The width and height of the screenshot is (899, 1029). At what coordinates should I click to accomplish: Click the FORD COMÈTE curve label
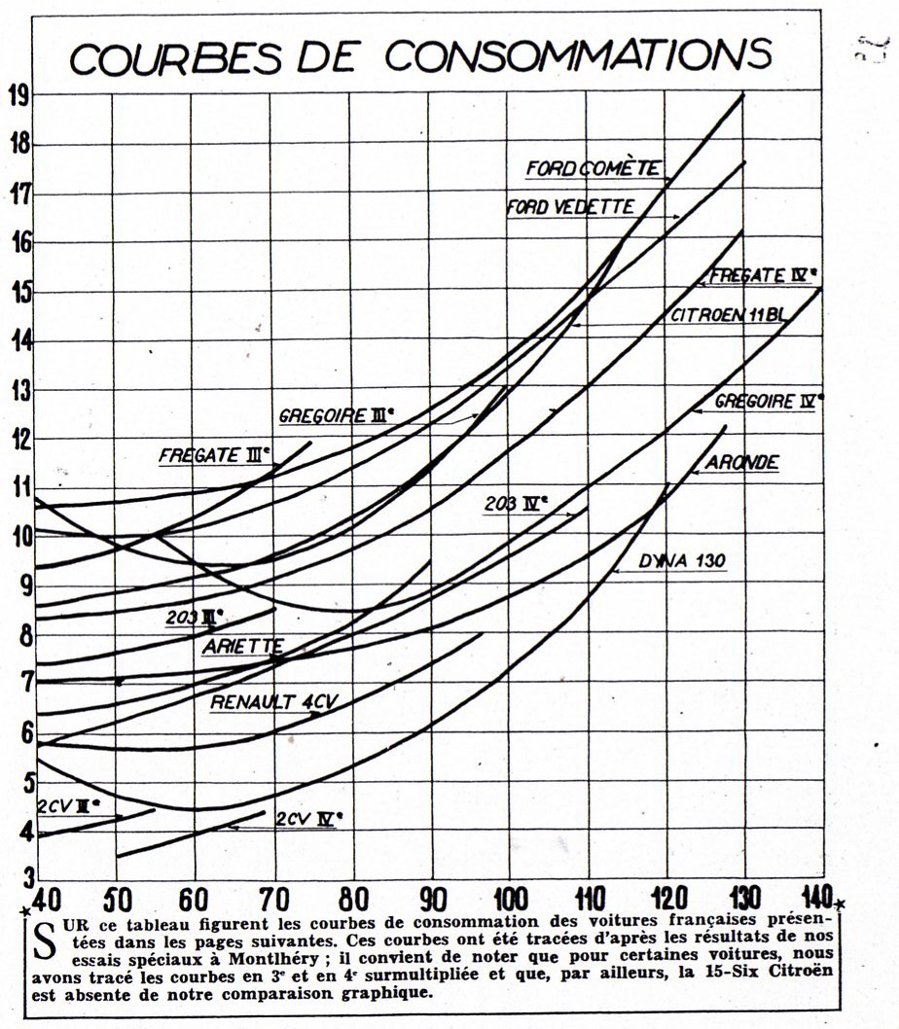(x=593, y=169)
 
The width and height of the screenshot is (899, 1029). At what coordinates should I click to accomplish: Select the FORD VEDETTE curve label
(x=570, y=206)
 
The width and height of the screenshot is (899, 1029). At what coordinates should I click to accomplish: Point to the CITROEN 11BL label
(x=720, y=316)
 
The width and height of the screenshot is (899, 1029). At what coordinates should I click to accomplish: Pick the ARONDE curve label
(x=741, y=463)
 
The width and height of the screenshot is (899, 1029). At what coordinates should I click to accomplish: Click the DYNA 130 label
(x=683, y=561)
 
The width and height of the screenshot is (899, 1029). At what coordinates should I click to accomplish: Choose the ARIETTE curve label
(x=242, y=646)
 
